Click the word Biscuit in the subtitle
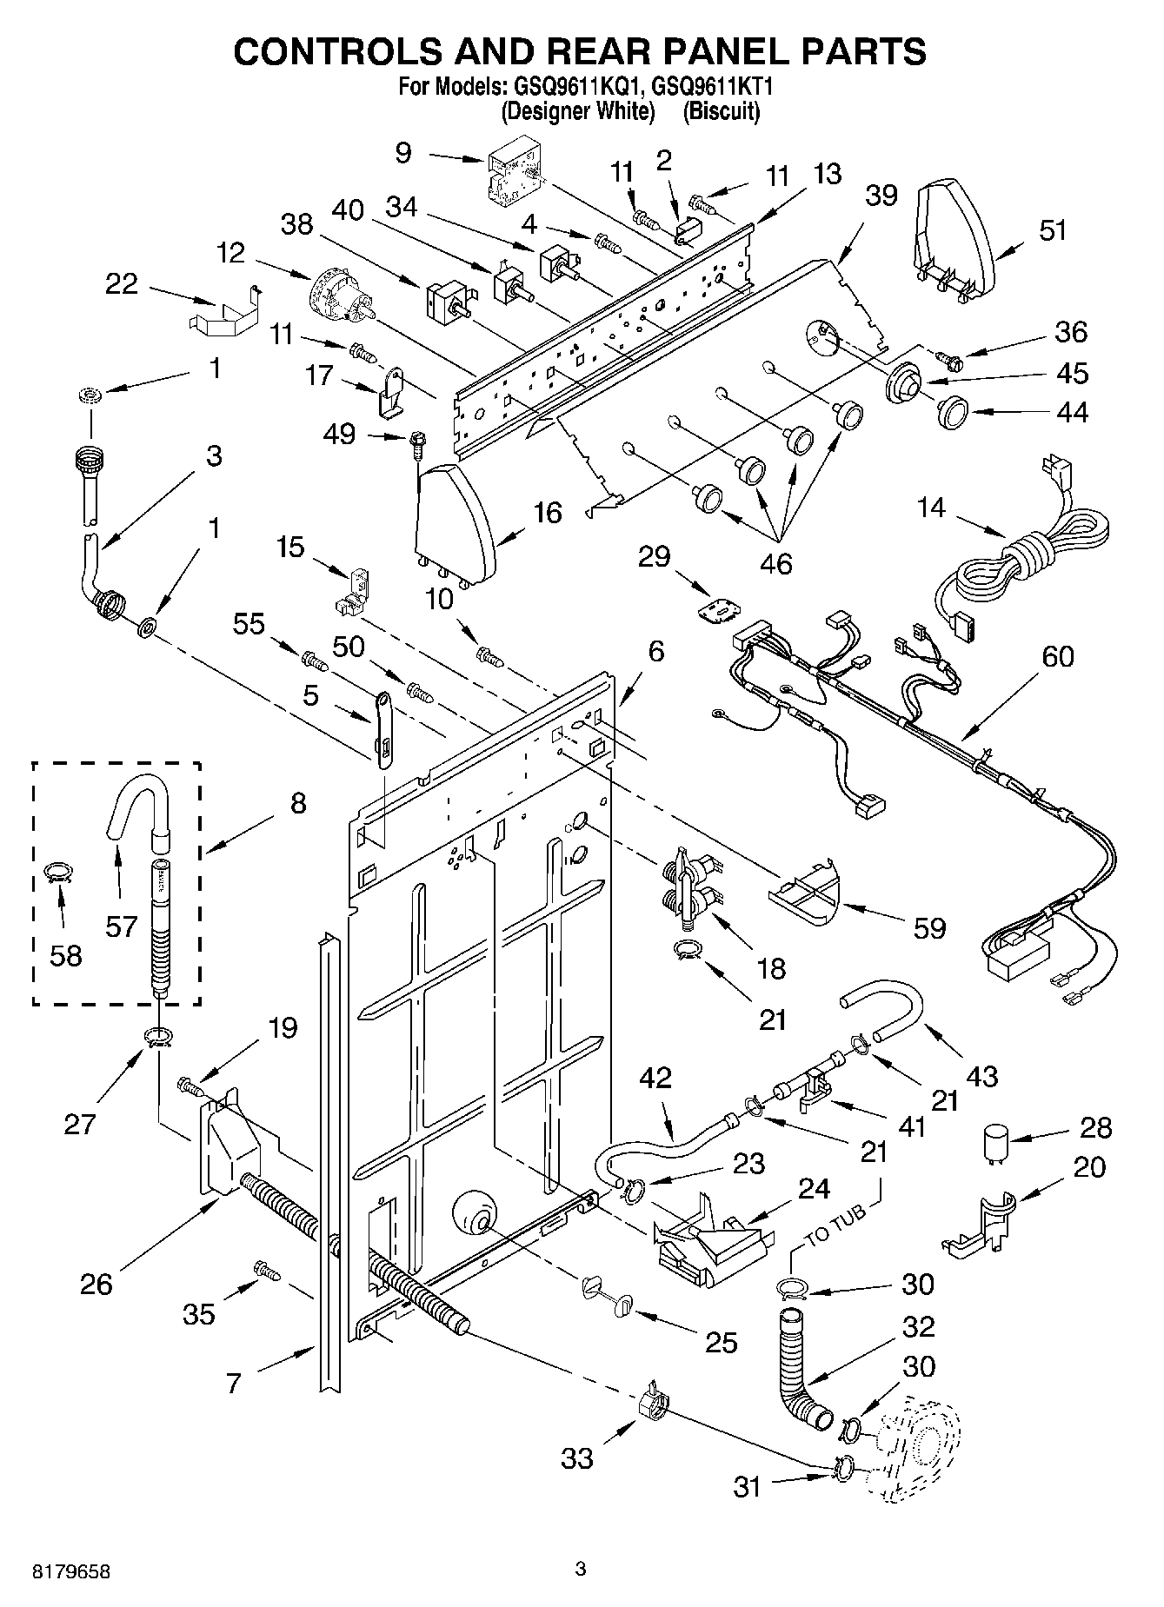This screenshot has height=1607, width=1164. pos(721,112)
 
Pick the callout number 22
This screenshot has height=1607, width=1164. pos(122,283)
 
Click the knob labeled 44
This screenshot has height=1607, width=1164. pos(954,411)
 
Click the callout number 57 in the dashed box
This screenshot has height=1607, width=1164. pos(121,926)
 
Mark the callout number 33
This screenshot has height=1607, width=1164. pos(577,1458)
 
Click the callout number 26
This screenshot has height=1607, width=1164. pos(96,1284)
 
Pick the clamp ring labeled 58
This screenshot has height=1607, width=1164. pos(58,872)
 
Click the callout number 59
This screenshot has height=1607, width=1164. pos(929,927)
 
